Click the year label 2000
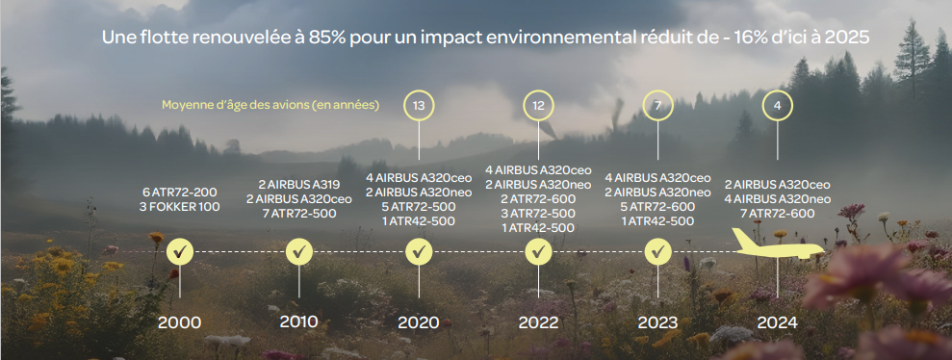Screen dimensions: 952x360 (x=179, y=322)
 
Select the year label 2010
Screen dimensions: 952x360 (x=298, y=321)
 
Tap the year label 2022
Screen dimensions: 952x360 (x=538, y=322)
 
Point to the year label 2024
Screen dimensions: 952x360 (x=777, y=322)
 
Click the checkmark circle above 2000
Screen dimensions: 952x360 (x=180, y=251)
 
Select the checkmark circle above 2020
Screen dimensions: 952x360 (x=419, y=251)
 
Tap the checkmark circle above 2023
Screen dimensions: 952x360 (x=657, y=251)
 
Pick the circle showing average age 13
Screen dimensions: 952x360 (x=419, y=106)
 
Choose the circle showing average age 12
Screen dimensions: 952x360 (x=538, y=106)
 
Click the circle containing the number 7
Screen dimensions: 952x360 (x=657, y=106)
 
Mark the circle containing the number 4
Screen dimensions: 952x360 (x=777, y=106)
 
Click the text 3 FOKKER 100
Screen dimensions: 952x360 (x=180, y=207)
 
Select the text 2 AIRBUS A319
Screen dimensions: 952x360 (x=298, y=185)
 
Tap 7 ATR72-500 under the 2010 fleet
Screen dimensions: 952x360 (x=298, y=214)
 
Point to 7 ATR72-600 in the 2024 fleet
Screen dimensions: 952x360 (x=777, y=214)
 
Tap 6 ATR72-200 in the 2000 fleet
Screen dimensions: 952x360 (x=180, y=193)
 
